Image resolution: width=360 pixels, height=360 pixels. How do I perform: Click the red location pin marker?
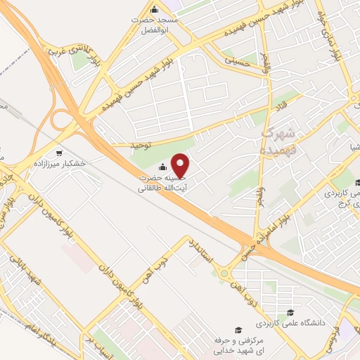181,166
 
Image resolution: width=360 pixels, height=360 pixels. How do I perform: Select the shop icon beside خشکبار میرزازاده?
60,152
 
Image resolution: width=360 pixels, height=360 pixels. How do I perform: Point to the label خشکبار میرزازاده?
59,162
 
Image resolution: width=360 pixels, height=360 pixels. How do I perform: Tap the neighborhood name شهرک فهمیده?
280,140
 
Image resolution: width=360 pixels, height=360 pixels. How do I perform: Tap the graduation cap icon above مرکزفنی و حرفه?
238,330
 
